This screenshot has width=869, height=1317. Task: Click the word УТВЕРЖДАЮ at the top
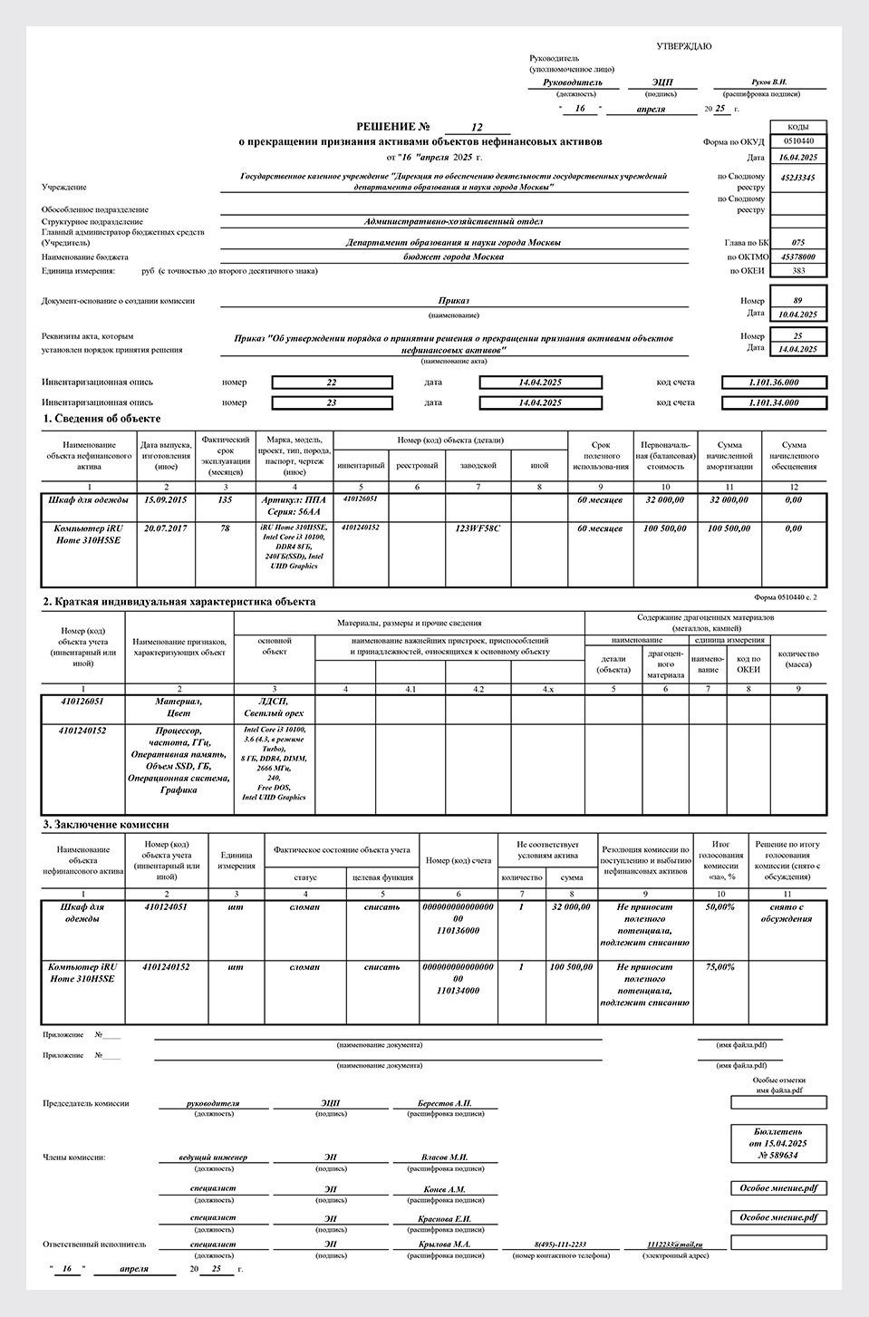683,45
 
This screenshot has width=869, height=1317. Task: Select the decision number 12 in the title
478,127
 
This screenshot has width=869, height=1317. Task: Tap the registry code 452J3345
797,178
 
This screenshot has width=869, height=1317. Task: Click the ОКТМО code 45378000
797,257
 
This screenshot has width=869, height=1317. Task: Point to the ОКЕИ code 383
797,270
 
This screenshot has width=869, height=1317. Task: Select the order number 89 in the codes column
797,300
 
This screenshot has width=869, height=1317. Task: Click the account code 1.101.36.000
774,382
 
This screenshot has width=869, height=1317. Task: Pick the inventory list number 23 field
332,402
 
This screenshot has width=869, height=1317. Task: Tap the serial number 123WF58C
478,528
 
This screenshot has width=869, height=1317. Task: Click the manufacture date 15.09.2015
166,499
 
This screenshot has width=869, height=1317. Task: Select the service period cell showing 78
225,528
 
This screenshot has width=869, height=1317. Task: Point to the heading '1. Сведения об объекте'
101,419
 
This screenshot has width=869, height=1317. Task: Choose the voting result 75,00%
719,967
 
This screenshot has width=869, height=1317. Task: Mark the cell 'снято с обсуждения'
787,913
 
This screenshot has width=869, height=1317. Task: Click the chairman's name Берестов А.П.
444,1103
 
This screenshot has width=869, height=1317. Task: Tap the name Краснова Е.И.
444,1218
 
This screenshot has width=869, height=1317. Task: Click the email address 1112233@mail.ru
675,1244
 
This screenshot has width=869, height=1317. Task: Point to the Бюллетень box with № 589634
778,1144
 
